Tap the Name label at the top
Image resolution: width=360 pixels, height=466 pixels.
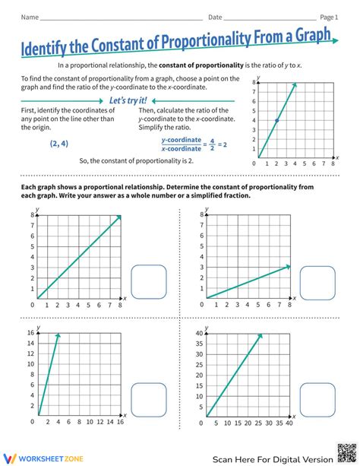(30, 16)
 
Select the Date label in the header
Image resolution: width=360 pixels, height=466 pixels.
(216, 16)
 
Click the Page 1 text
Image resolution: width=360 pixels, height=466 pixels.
(328, 16)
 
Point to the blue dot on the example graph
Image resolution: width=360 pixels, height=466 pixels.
(276, 121)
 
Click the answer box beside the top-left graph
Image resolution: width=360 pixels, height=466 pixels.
(149, 282)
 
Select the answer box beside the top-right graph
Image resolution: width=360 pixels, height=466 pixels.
(317, 282)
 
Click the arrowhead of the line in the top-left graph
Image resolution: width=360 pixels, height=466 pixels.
(118, 217)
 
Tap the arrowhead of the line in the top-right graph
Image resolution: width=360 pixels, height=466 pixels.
(287, 266)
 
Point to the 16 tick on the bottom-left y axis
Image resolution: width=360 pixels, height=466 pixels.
(31, 334)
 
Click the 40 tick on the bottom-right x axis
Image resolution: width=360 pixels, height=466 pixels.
(289, 423)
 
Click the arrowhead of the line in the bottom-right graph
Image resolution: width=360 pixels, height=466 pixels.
(260, 336)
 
